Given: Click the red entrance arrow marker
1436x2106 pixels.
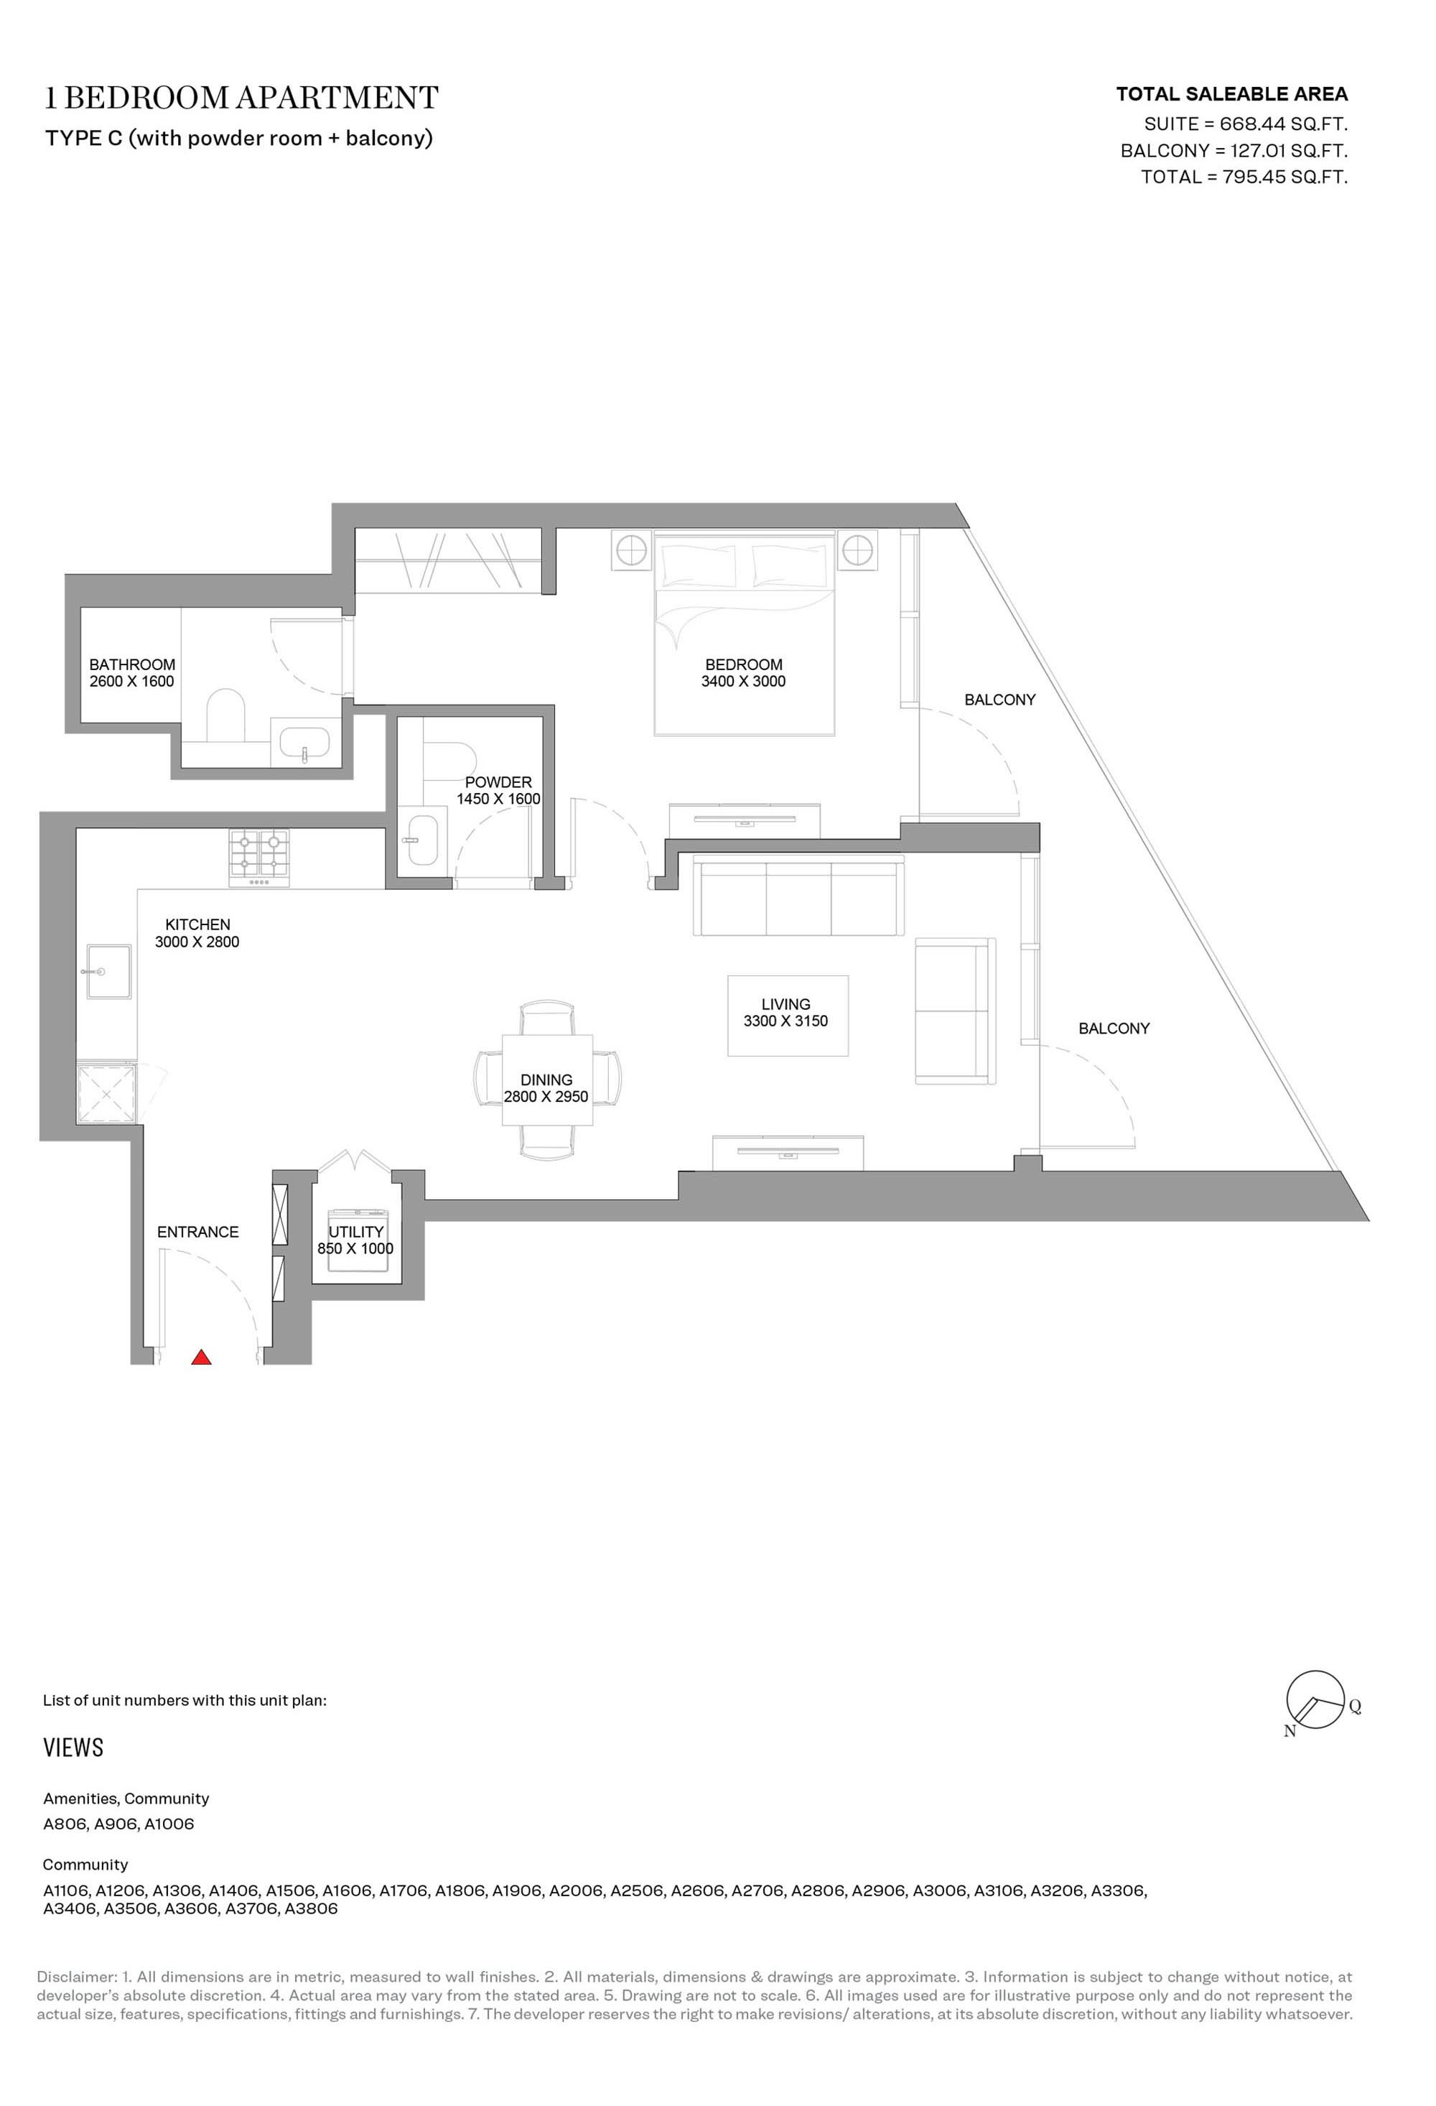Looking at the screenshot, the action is [201, 1357].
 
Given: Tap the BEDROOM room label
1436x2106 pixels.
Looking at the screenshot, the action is [744, 664].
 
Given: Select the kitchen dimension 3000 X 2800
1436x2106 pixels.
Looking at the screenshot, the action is [197, 942].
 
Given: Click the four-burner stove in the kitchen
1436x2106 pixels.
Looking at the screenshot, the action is [260, 858].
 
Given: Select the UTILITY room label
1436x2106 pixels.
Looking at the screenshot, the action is [356, 1232].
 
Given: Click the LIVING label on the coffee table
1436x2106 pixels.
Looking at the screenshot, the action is [785, 1004].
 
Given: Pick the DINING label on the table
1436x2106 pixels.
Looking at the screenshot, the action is [546, 1080].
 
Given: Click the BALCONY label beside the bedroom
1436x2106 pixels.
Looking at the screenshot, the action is [999, 700].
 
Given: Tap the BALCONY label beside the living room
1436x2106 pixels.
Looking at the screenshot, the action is [1114, 1029].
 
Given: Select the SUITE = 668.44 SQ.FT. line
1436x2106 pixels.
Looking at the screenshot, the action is [1246, 124].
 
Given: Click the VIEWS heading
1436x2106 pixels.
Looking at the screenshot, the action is [73, 1747].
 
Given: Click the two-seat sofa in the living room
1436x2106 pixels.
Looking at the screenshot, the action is [955, 1011].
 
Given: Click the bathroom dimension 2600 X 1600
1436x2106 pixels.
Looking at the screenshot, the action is [131, 682].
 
